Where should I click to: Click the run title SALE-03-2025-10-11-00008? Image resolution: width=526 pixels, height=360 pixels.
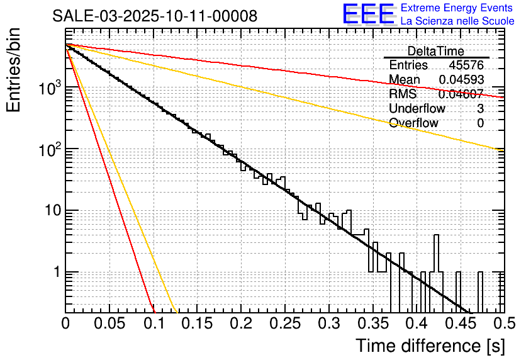pyautogui.click(x=155, y=16)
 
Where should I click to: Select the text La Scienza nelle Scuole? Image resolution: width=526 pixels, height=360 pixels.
pyautogui.click(x=457, y=21)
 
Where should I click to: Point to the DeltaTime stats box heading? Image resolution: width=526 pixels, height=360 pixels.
pyautogui.click(x=436, y=51)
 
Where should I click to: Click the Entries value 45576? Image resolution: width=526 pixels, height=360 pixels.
pyautogui.click(x=466, y=65)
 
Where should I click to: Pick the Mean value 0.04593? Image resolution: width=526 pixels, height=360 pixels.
pyautogui.click(x=461, y=80)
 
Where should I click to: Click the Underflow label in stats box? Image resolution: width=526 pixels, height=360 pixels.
pyautogui.click(x=417, y=108)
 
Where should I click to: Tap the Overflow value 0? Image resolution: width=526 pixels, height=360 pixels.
pyautogui.click(x=480, y=123)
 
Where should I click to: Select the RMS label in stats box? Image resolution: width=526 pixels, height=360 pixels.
pyautogui.click(x=403, y=94)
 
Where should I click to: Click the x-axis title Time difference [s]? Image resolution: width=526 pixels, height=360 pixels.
pyautogui.click(x=430, y=346)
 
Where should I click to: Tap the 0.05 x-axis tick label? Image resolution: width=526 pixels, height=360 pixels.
pyautogui.click(x=109, y=323)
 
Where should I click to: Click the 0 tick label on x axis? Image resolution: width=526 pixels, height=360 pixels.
pyautogui.click(x=66, y=323)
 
